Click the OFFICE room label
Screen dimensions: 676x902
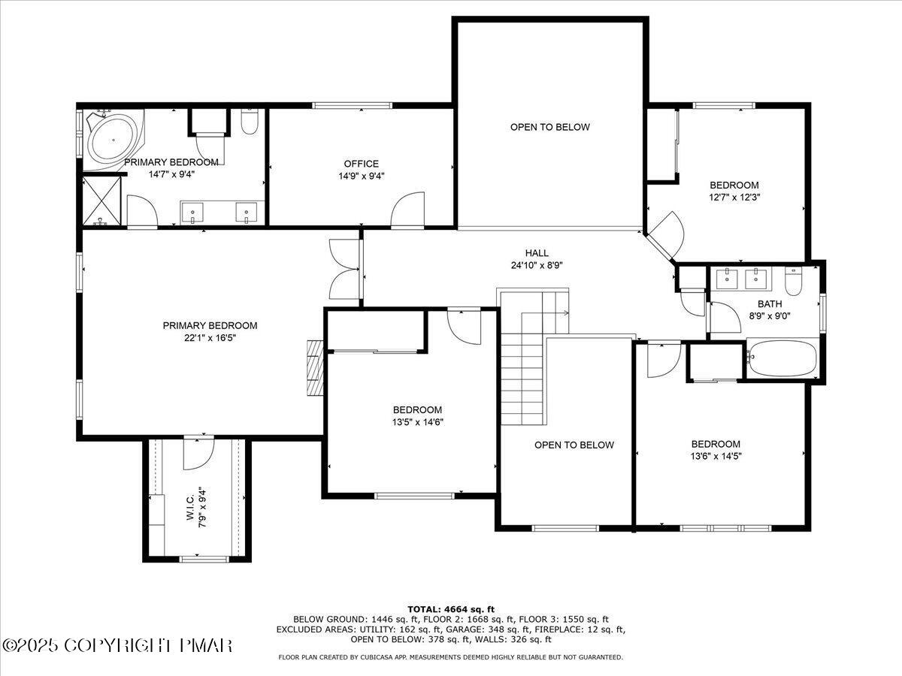[x=361, y=164]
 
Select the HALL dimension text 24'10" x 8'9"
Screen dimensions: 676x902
[x=536, y=265]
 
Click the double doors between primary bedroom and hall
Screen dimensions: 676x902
[x=345, y=268]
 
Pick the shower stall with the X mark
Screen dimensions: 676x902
[x=101, y=199]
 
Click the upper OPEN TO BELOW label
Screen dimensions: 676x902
[x=549, y=127]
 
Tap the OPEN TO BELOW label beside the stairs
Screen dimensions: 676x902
[x=574, y=445]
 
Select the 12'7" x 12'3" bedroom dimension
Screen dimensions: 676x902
[x=734, y=198]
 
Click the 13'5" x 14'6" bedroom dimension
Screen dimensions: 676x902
[x=417, y=422]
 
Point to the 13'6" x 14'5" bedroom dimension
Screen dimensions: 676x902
[x=716, y=456]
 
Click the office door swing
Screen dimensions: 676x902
[x=409, y=210]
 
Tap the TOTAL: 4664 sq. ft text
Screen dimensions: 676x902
[x=450, y=608]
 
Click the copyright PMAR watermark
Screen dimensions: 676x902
[x=118, y=645]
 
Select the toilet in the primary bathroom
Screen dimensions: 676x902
[x=250, y=122]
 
